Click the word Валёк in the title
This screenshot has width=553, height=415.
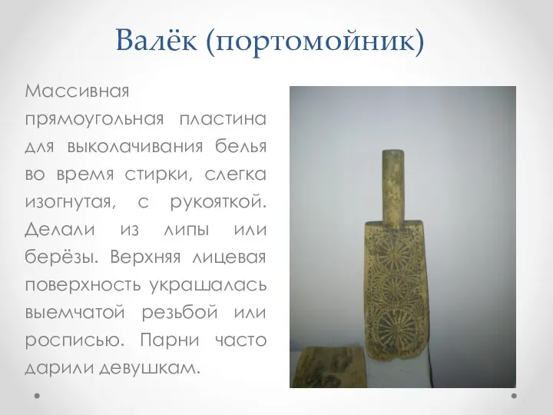click(x=156, y=40)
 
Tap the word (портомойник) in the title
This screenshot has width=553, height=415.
click(x=315, y=41)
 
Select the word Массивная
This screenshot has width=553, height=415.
click(x=78, y=91)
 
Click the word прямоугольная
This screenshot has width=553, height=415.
click(x=94, y=120)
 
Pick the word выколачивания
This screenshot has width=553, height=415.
click(x=135, y=147)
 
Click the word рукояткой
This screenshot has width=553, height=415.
click(x=218, y=203)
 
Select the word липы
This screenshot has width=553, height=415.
click(x=187, y=231)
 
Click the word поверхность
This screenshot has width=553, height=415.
click(x=83, y=285)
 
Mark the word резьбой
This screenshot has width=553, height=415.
click(x=180, y=312)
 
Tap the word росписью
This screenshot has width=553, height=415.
click(x=75, y=341)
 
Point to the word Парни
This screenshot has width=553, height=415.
click(x=170, y=340)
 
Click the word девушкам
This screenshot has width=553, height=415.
click(x=150, y=368)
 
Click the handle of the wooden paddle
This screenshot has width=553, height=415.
click(x=393, y=187)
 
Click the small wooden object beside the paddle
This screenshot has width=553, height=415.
click(x=330, y=367)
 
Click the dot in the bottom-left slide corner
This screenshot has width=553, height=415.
click(x=37, y=396)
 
